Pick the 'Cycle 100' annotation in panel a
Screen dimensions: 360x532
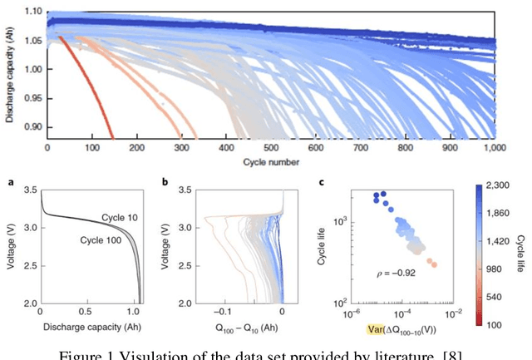[99, 240]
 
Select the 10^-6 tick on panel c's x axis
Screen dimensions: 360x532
[350, 315]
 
